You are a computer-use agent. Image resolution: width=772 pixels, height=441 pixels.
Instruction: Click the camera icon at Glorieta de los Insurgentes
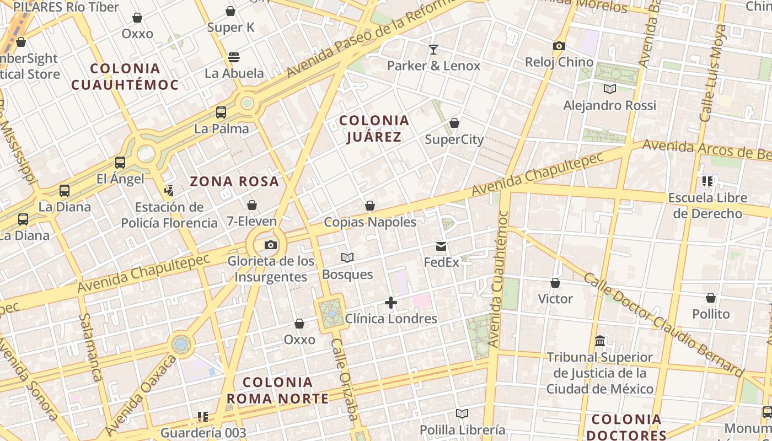270,245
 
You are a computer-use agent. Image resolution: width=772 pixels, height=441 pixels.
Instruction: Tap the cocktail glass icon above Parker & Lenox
433,50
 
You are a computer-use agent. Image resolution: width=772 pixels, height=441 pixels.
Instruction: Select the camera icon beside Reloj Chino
559,46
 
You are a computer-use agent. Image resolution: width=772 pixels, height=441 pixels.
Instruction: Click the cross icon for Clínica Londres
391,303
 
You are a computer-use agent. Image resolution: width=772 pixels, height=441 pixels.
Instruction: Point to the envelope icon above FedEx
441,246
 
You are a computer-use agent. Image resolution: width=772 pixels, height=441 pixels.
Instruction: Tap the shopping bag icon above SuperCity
454,123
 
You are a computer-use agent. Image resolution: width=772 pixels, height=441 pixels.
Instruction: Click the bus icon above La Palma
221,112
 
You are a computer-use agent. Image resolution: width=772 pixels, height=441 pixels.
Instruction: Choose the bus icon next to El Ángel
120,163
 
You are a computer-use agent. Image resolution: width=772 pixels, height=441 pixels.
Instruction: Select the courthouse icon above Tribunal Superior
600,341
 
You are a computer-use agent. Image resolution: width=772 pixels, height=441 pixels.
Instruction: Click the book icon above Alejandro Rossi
609,89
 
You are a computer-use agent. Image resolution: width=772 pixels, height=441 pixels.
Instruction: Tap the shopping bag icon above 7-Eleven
252,205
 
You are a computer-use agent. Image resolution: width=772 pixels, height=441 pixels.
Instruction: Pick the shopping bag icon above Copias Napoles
370,206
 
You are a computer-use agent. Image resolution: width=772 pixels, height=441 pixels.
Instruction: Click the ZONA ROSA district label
234,181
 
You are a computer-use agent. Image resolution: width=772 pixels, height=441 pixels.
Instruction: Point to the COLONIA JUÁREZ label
374,128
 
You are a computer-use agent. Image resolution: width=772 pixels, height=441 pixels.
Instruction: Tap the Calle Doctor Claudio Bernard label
664,322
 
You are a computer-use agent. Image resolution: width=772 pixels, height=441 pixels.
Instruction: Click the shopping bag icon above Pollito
711,298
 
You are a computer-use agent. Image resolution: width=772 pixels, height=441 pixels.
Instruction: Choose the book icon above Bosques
347,257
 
